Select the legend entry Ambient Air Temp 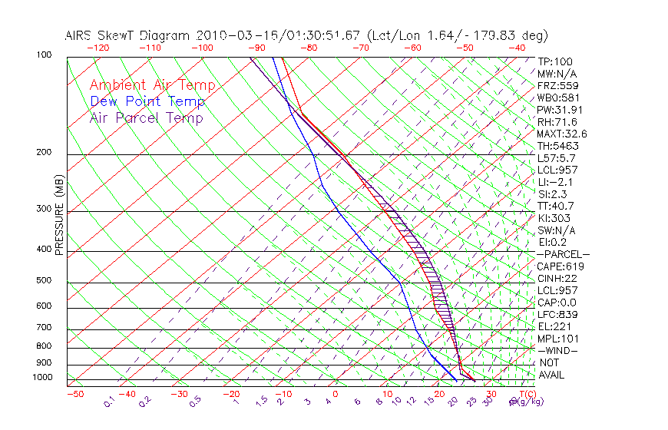click(152, 85)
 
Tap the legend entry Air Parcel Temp click(146, 117)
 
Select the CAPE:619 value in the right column click(557, 266)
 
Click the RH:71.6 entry click(557, 122)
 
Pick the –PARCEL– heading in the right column click(563, 254)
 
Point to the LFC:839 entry click(557, 315)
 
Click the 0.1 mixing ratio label click(109, 401)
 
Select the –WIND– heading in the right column click(557, 351)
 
